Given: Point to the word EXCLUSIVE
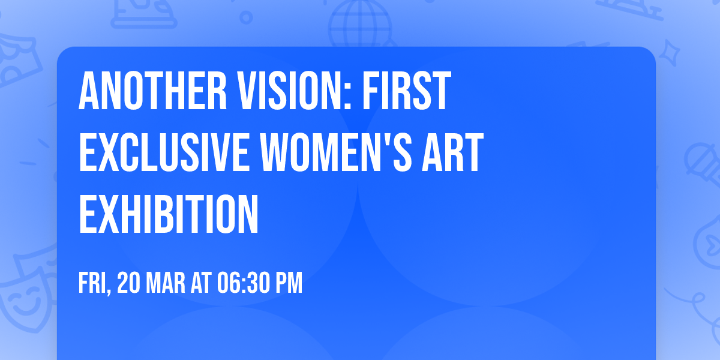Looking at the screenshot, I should pos(163,154).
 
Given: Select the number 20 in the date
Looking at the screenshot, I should pos(128,284).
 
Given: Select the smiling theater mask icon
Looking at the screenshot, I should pos(24,294).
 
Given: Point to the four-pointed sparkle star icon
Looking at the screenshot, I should pos(674,53).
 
